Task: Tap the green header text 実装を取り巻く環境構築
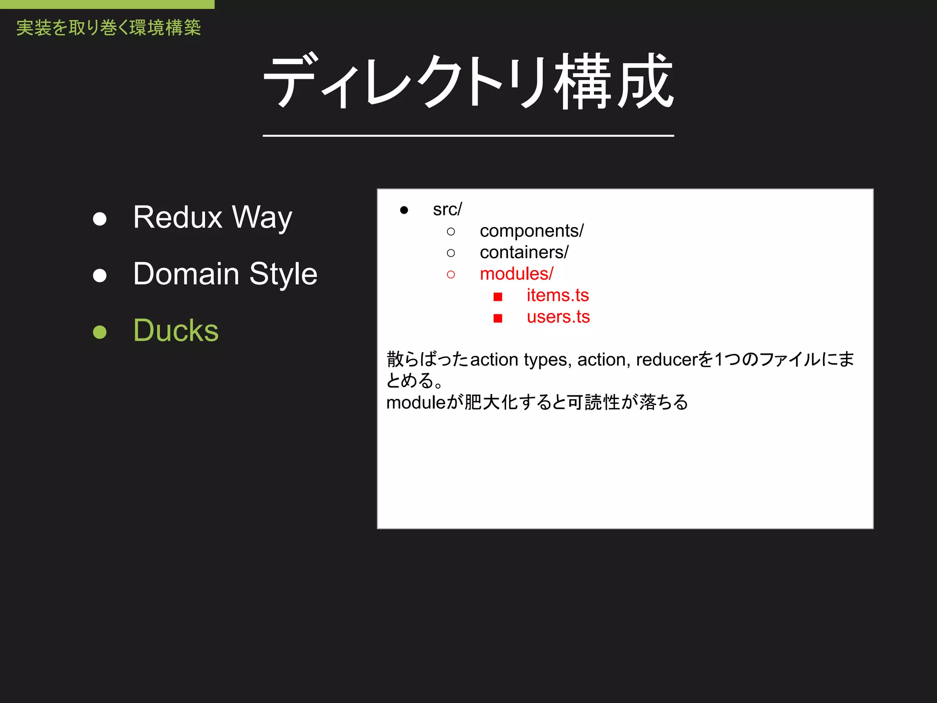click(108, 28)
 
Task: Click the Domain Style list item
click(225, 274)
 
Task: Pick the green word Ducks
click(176, 330)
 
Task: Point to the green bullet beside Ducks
click(100, 331)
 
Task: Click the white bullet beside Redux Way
click(100, 219)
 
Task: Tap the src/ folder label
click(447, 210)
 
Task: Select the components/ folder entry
click(531, 231)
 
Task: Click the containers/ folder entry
click(524, 253)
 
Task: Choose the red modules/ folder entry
click(516, 274)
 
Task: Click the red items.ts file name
click(557, 295)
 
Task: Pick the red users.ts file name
click(558, 317)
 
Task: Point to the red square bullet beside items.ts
click(498, 297)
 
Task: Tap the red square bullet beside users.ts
click(498, 318)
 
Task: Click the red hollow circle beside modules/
click(451, 275)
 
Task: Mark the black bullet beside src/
click(404, 210)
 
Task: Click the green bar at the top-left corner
click(107, 4)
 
